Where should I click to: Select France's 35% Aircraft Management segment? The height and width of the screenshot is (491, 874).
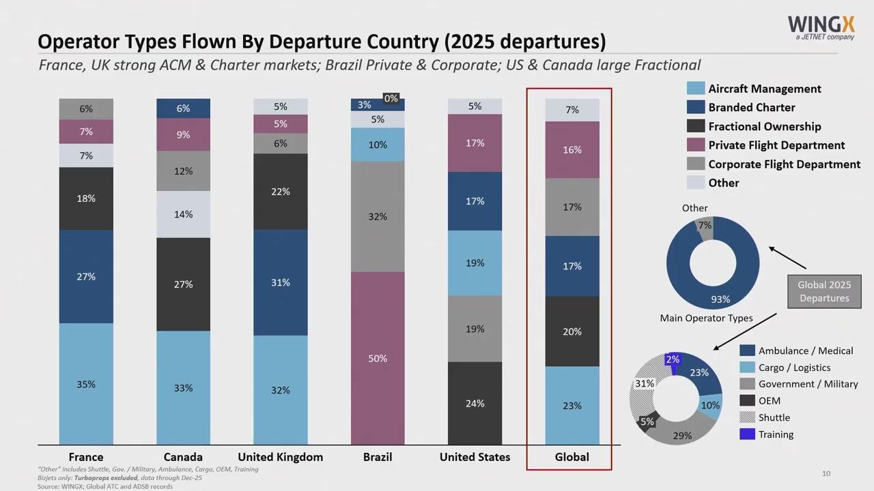(86, 384)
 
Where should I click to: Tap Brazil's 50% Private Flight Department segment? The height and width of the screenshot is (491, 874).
(378, 358)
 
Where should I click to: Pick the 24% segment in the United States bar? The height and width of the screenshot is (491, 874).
(475, 403)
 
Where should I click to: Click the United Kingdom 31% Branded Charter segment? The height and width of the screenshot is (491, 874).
(281, 282)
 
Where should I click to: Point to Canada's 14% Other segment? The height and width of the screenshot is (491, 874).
(183, 214)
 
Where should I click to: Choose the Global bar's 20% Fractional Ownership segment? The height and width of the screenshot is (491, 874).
(572, 331)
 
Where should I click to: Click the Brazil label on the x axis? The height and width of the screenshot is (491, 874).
(378, 457)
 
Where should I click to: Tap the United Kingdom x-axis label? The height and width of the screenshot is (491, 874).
(281, 457)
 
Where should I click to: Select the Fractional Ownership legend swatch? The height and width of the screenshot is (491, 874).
(696, 126)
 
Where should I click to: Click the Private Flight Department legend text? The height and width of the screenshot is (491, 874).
(776, 145)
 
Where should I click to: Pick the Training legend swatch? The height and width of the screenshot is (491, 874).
(747, 434)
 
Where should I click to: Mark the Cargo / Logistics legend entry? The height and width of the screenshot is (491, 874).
(794, 368)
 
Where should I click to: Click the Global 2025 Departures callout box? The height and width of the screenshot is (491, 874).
(824, 292)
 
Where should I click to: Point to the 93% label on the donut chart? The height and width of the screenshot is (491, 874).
(720, 299)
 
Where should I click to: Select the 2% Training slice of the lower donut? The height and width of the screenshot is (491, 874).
(673, 361)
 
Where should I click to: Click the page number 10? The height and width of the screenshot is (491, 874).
(826, 473)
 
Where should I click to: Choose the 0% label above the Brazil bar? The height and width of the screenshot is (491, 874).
(391, 99)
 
